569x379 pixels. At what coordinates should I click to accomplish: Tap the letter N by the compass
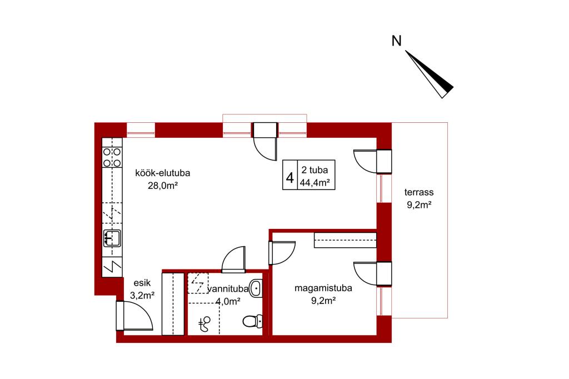(x=396, y=41)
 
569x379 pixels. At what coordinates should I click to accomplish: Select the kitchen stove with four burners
(x=112, y=157)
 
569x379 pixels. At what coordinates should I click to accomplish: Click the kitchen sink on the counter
(x=112, y=238)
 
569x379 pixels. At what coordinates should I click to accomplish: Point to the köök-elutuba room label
(x=163, y=173)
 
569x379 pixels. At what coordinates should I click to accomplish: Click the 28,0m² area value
(x=163, y=186)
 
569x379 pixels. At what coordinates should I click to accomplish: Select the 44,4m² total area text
(x=315, y=183)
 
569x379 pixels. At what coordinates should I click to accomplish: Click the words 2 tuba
(x=315, y=170)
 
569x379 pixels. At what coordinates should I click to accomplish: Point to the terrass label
(x=419, y=192)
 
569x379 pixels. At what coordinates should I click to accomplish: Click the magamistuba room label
(x=323, y=288)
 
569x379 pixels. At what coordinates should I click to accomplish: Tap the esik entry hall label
(x=142, y=283)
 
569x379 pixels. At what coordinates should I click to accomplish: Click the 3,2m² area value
(x=142, y=295)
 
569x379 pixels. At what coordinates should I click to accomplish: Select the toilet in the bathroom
(x=253, y=321)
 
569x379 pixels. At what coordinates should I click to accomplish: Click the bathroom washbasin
(x=256, y=288)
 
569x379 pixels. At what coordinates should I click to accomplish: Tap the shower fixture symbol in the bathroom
(x=204, y=324)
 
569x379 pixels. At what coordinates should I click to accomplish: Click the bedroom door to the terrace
(x=373, y=273)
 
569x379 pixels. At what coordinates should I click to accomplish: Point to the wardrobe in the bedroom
(x=345, y=240)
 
